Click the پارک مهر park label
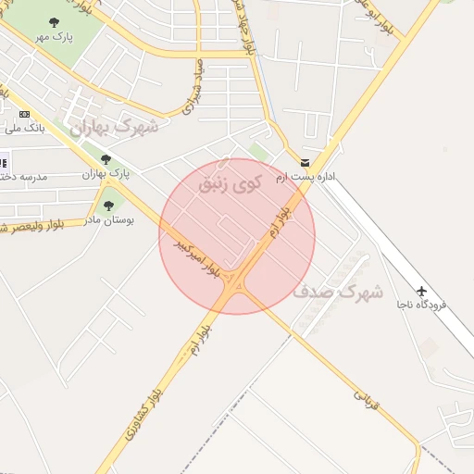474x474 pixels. pyautogui.click(x=54, y=36)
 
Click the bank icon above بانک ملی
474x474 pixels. pyautogui.click(x=24, y=113)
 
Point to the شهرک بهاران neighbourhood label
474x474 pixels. pyautogui.click(x=119, y=127)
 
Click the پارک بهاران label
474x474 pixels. pyautogui.click(x=106, y=173)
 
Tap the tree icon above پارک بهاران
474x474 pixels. pyautogui.click(x=106, y=159)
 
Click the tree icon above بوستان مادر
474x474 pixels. pyautogui.click(x=108, y=206)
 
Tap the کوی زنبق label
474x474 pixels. pyautogui.click(x=230, y=183)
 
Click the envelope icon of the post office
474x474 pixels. pyautogui.click(x=305, y=162)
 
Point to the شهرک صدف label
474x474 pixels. pyautogui.click(x=337, y=292)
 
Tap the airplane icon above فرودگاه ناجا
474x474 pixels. pyautogui.click(x=422, y=291)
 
